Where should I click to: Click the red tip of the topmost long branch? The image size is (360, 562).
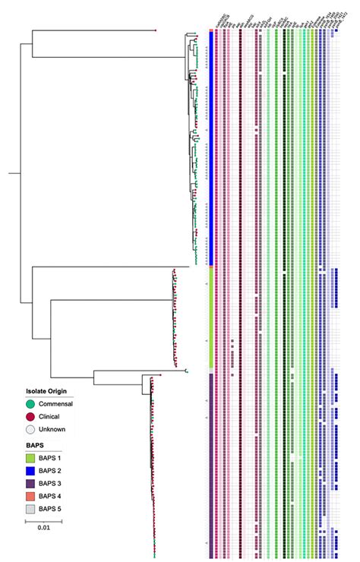tap(156, 30)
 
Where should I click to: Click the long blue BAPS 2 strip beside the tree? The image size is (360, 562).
tap(210, 152)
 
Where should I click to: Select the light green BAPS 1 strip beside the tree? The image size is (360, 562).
tap(210, 315)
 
